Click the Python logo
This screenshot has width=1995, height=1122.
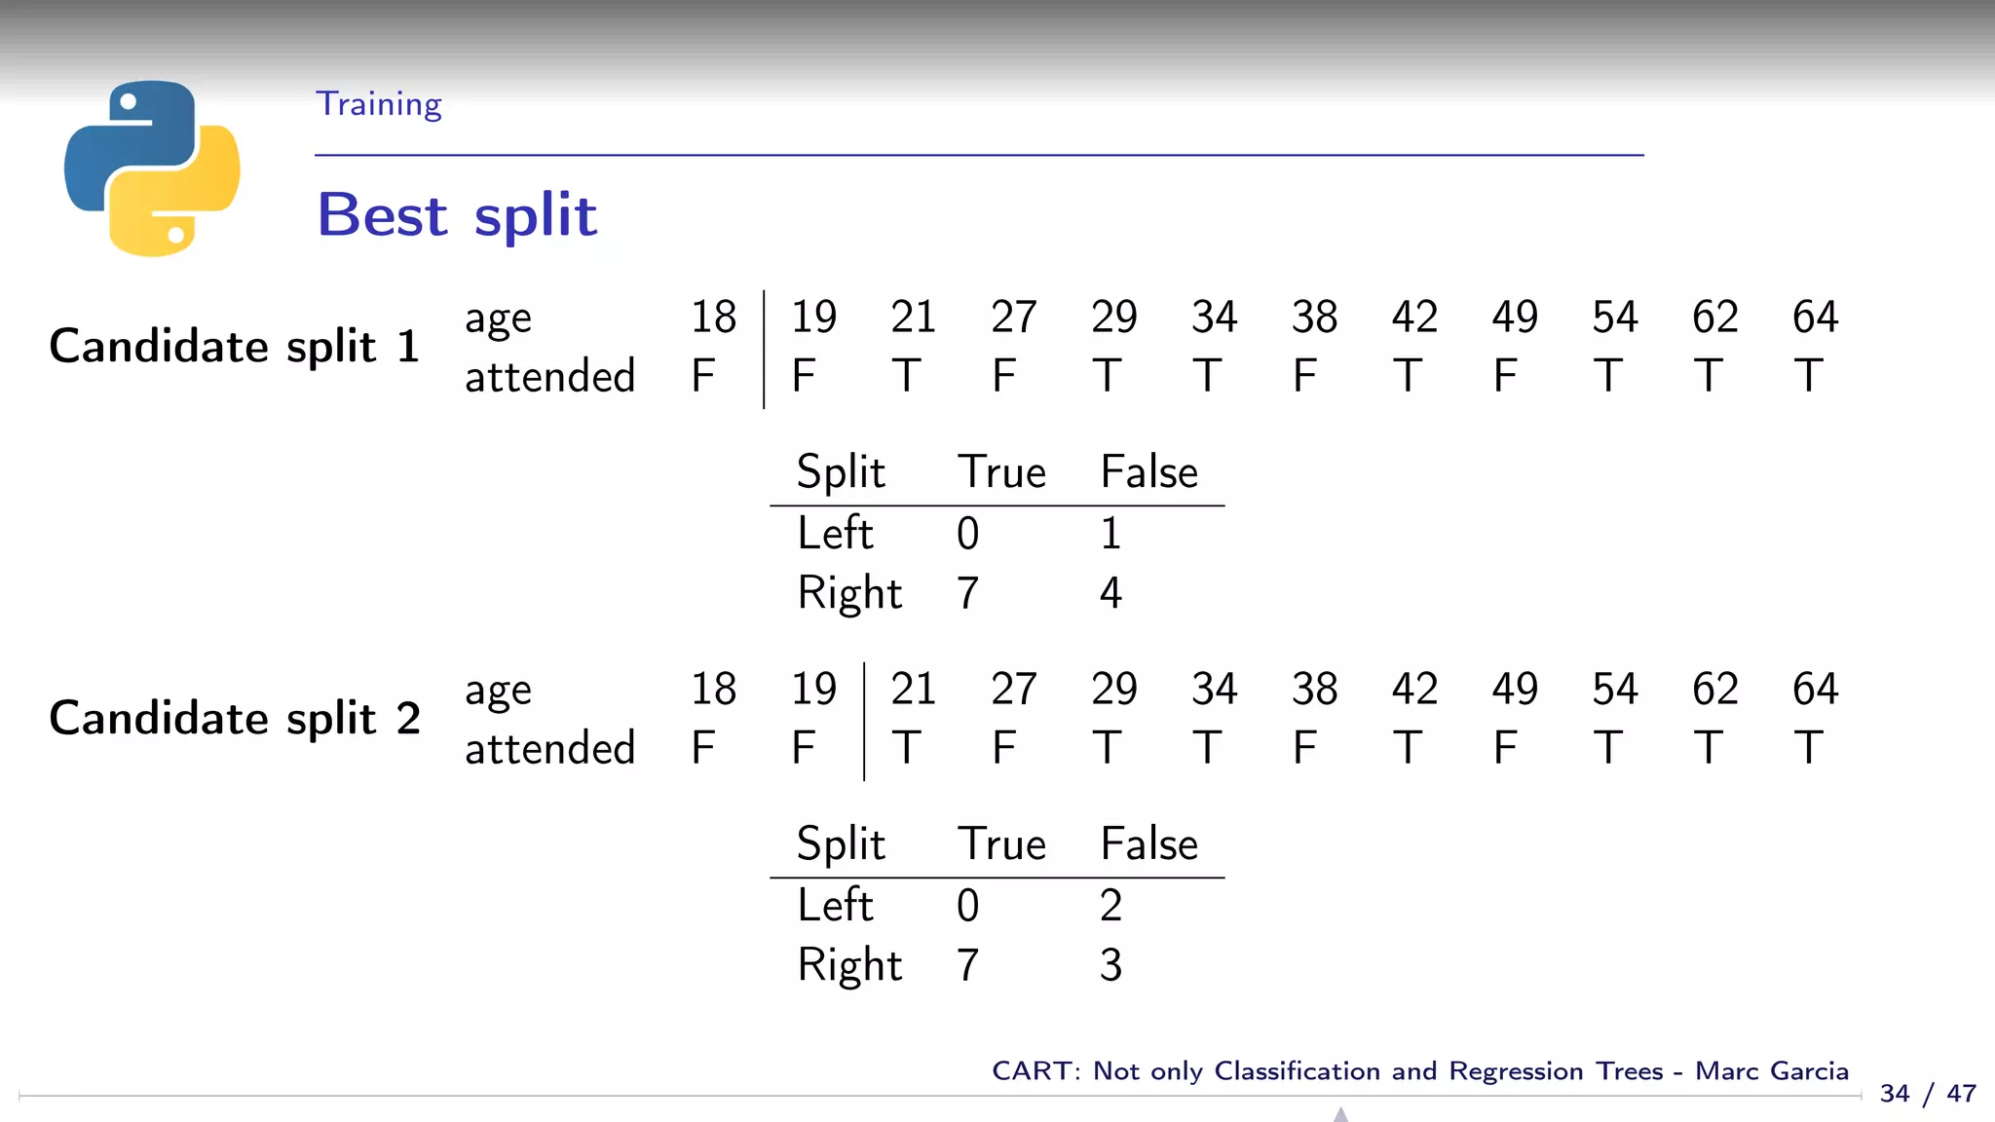pyautogui.click(x=152, y=168)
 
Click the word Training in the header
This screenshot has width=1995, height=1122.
pyautogui.click(x=379, y=104)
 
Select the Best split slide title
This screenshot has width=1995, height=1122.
pyautogui.click(x=457, y=215)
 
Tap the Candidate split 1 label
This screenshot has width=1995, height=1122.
pyautogui.click(x=235, y=347)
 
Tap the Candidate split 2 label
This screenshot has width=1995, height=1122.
pyautogui.click(x=235, y=719)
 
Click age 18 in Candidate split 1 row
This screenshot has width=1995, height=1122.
pyautogui.click(x=713, y=318)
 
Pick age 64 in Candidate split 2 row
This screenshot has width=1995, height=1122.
pyautogui.click(x=1815, y=690)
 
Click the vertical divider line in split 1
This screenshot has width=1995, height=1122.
pyautogui.click(x=764, y=349)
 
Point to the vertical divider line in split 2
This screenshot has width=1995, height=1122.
pyautogui.click(x=864, y=721)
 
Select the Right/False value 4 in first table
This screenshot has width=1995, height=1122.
pyautogui.click(x=1110, y=593)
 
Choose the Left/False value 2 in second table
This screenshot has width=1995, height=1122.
pyautogui.click(x=1110, y=906)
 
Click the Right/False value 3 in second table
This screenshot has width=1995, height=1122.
pyautogui.click(x=1110, y=965)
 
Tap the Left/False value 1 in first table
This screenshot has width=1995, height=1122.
pyautogui.click(x=1110, y=534)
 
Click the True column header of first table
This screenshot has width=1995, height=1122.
pyautogui.click(x=1001, y=472)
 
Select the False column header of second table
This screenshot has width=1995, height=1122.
pyautogui.click(x=1148, y=844)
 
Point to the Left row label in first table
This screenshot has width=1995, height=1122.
pyautogui.click(x=835, y=534)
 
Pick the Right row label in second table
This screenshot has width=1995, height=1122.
pyautogui.click(x=849, y=965)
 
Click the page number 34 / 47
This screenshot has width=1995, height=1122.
pyautogui.click(x=1928, y=1094)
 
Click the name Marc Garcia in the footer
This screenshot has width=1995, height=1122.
pyautogui.click(x=1771, y=1071)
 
